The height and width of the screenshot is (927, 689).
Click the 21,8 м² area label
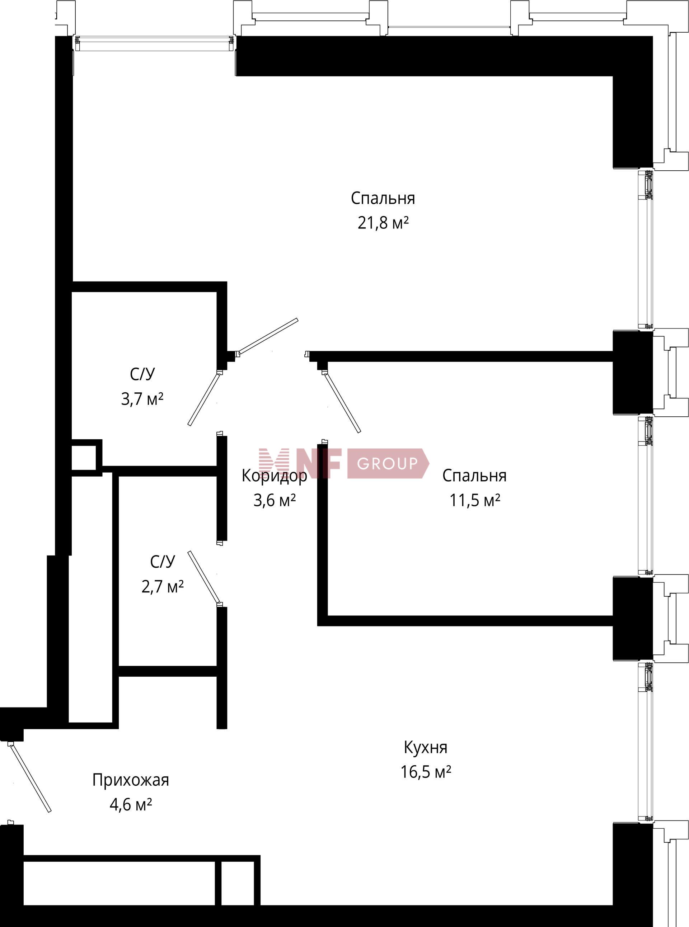pyautogui.click(x=383, y=223)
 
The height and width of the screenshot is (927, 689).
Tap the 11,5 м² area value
pyautogui.click(x=475, y=500)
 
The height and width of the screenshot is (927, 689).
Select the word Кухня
pyautogui.click(x=425, y=747)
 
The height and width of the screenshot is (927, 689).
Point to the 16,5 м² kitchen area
pyautogui.click(x=426, y=772)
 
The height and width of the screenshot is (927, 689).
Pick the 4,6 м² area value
pyautogui.click(x=131, y=804)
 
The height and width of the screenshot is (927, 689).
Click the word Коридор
pyautogui.click(x=275, y=476)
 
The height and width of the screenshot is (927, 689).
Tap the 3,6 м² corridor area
pyautogui.click(x=275, y=500)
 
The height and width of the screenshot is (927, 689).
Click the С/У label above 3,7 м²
pyautogui.click(x=142, y=374)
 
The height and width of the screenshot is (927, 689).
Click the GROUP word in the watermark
pyautogui.click(x=387, y=463)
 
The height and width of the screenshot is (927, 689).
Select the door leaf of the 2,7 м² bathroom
pyautogui.click(x=203, y=577)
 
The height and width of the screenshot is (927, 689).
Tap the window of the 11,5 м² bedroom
pyautogui.click(x=645, y=496)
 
